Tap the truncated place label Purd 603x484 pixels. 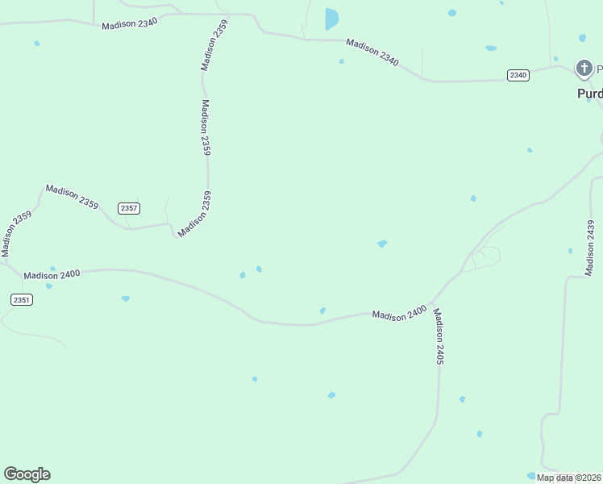(589, 94)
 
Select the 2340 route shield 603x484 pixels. (518, 75)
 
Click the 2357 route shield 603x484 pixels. (129, 208)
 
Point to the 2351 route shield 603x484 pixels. (22, 299)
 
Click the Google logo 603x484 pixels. (27, 474)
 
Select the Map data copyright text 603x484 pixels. (568, 478)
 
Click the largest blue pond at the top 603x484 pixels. (331, 19)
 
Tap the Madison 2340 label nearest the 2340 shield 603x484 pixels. (372, 52)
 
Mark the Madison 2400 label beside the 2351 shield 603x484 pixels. (52, 275)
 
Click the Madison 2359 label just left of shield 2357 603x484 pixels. (72, 197)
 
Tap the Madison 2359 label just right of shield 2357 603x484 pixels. (195, 214)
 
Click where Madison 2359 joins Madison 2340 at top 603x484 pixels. (227, 15)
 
